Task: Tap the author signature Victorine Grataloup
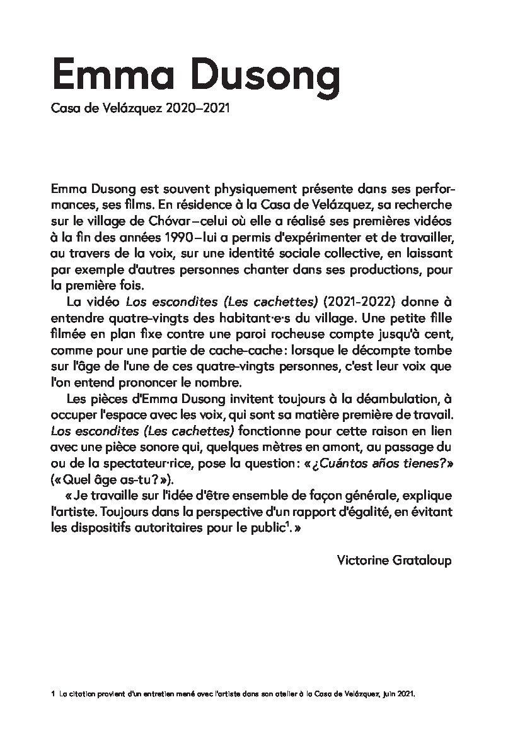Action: pos(395,560)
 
